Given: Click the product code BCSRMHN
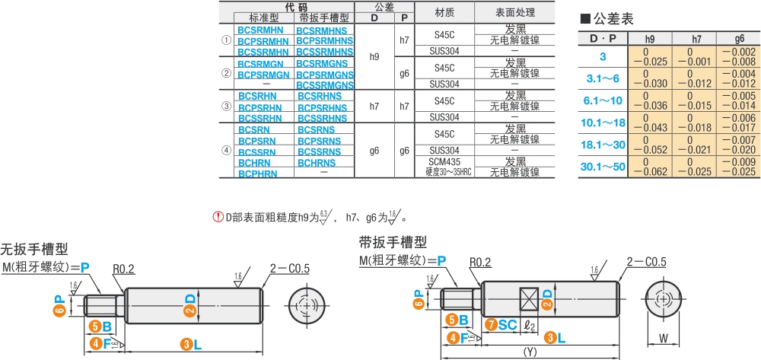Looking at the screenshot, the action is tap(263, 30).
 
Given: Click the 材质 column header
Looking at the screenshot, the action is tap(444, 13).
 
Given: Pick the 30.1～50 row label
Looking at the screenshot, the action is tap(603, 167).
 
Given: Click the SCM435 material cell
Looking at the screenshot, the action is tap(444, 162).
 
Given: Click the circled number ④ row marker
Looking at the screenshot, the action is tap(226, 151).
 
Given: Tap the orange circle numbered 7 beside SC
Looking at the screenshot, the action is tap(492, 325).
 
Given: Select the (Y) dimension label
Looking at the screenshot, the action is tap(533, 352).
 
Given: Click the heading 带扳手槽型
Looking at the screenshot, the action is tap(393, 242).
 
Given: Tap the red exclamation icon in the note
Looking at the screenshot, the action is tap(218, 218).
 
